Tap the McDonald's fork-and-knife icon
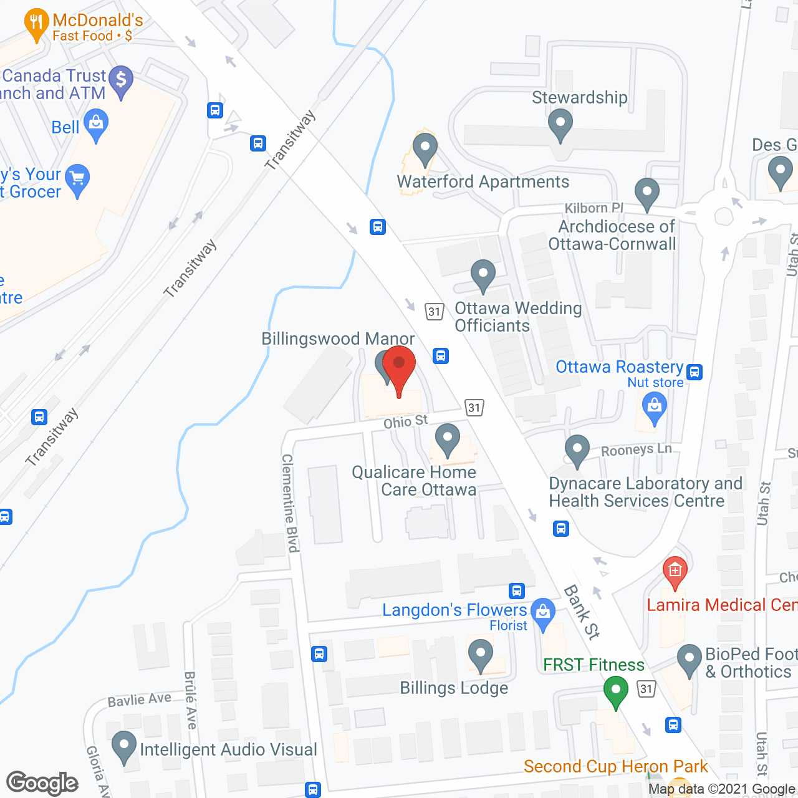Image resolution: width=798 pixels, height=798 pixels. coord(36,24)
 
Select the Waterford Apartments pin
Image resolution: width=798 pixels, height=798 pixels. coord(425,149)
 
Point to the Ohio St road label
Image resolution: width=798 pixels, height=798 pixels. coord(406,422)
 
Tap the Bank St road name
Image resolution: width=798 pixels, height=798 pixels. coord(582,612)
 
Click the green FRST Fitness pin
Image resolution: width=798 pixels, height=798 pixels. coord(615,691)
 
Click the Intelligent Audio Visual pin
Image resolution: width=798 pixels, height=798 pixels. coord(123,746)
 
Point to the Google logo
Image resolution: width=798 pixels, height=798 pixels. coord(42,783)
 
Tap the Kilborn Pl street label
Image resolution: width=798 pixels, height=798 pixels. coord(594,208)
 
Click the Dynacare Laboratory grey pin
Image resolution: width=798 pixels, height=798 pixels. coord(577,449)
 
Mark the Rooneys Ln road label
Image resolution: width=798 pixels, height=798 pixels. coord(636,449)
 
